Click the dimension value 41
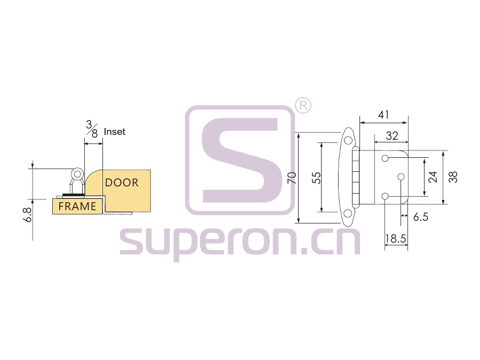click(383, 115)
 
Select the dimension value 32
click(392, 135)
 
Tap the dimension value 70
click(292, 178)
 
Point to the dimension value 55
click(317, 178)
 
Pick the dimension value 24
click(433, 177)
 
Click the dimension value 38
click(453, 177)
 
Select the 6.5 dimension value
click(421, 217)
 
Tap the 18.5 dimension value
click(396, 238)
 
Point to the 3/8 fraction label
click(92, 129)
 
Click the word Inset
click(115, 132)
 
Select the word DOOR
click(122, 183)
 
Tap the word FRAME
click(77, 206)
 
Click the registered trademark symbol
click(303, 106)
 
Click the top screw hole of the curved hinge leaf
click(348, 140)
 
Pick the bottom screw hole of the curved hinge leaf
click(348, 214)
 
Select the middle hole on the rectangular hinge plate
click(401, 177)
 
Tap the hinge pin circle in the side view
click(77, 174)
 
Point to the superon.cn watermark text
click(239, 243)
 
